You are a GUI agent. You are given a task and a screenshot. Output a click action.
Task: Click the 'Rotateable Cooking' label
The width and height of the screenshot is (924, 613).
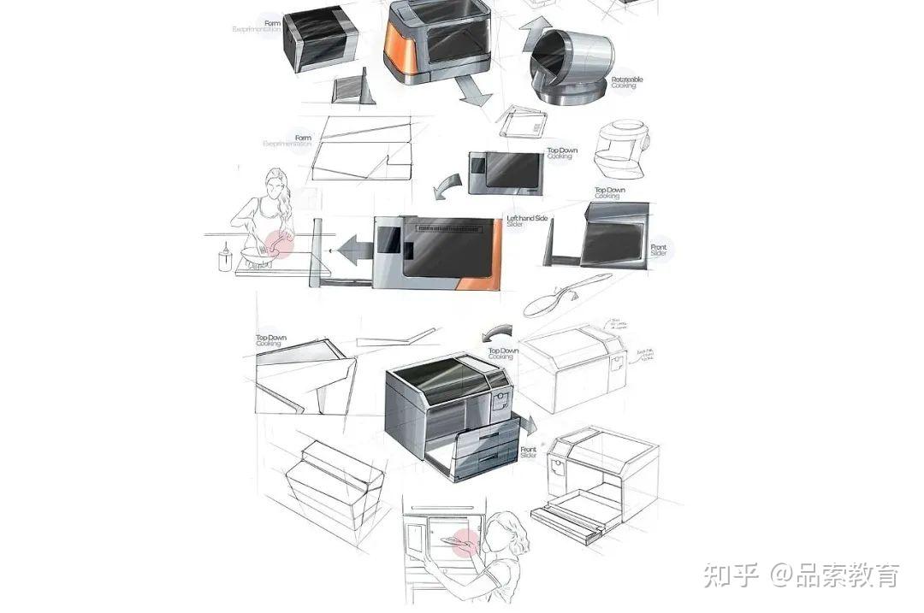[627, 82]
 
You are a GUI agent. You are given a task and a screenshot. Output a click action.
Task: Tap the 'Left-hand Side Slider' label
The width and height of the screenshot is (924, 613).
[527, 221]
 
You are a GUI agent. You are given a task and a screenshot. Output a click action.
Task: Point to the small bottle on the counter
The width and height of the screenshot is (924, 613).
[225, 257]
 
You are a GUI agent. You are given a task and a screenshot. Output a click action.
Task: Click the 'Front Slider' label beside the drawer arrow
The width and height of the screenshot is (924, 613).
[529, 454]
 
